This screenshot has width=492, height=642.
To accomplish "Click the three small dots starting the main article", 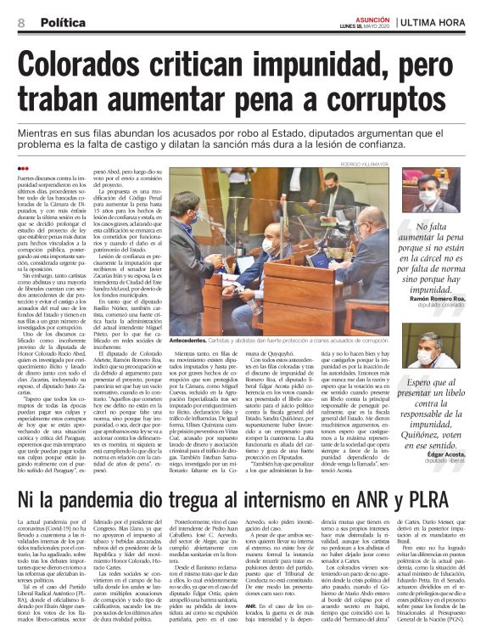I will click(23, 168).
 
